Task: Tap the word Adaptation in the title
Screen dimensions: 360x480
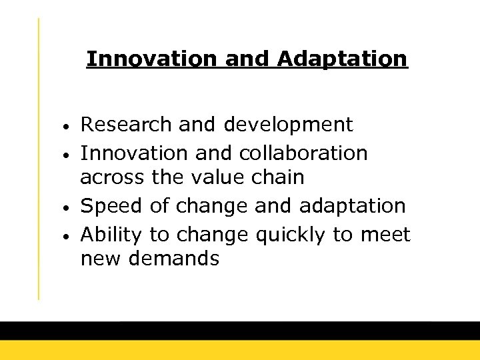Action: [342, 59]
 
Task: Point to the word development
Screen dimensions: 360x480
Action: [289, 125]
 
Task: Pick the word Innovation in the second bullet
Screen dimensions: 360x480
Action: [135, 153]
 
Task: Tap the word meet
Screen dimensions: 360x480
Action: [386, 235]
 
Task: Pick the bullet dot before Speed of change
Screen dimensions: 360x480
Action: [68, 207]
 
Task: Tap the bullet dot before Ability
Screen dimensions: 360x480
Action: [68, 237]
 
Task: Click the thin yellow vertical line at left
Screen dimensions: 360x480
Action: [38, 160]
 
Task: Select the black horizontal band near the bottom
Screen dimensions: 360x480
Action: [240, 331]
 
